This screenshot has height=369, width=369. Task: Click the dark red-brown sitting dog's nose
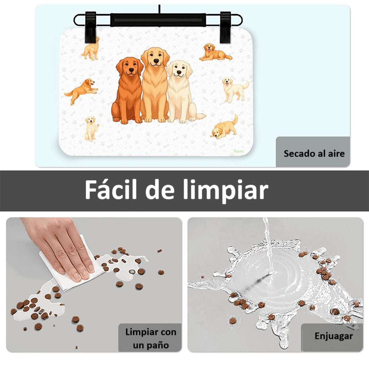(131, 70)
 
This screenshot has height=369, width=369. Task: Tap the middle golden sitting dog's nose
(156, 61)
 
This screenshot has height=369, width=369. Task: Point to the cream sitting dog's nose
(179, 72)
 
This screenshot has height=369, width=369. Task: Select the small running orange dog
(81, 91)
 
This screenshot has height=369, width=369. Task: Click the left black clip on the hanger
(90, 27)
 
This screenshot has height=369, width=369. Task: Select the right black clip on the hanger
(226, 27)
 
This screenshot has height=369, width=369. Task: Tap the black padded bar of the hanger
(158, 20)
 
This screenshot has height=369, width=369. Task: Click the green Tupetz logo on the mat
(239, 151)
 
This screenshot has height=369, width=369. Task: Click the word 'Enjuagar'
(334, 336)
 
